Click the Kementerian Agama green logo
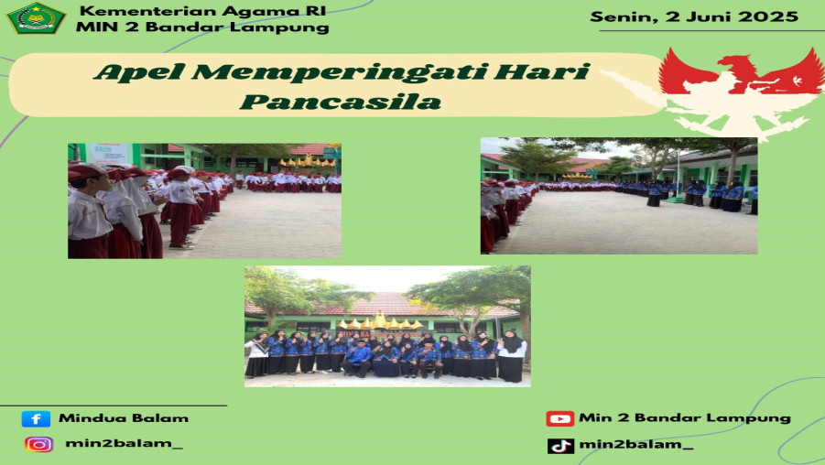[36, 17]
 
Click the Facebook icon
[36, 419]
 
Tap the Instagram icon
[38, 445]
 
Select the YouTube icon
[559, 418]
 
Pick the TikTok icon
[559, 446]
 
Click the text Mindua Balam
[124, 418]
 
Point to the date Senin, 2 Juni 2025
[694, 16]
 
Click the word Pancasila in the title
[341, 102]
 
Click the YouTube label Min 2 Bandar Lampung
[684, 418]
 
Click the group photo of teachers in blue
[387, 326]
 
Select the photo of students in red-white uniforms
[204, 200]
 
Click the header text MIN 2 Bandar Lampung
[202, 27]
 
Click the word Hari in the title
[552, 73]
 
